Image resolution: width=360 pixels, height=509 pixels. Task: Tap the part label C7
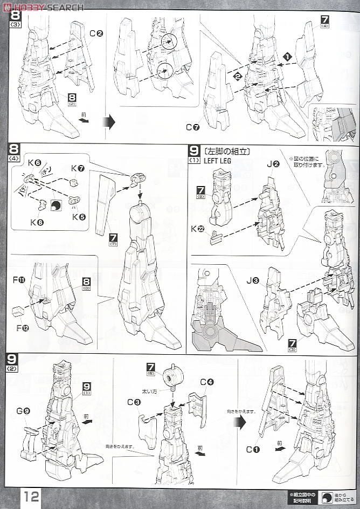193,127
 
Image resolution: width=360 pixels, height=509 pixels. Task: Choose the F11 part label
19,280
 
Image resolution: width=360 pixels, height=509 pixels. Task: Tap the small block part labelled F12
18,311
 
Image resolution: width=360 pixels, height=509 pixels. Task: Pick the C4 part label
207,382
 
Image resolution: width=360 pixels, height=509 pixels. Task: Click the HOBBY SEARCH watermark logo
43,6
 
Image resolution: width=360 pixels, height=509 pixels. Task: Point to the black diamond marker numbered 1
288,56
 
